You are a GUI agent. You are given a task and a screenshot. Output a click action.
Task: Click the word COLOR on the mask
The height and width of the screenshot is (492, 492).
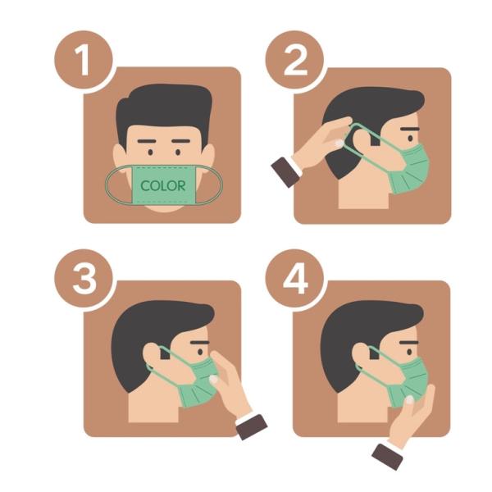163,185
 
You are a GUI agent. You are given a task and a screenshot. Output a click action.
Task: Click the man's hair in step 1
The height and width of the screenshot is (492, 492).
163,111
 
